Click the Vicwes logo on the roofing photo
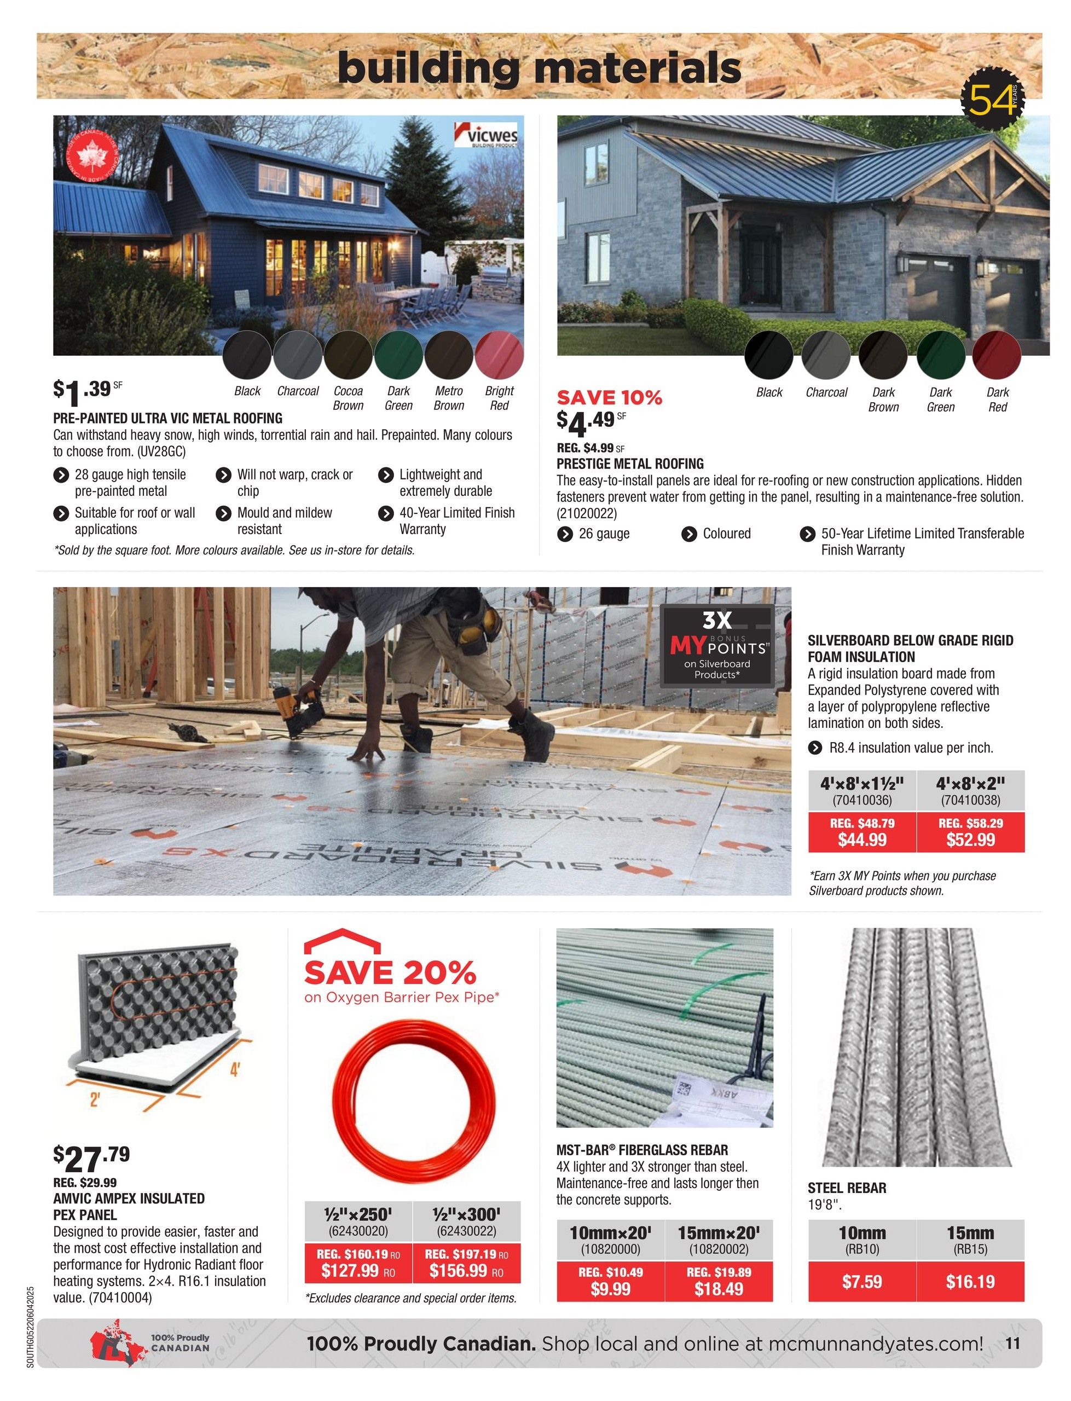pyautogui.click(x=486, y=136)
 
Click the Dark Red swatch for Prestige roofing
pyautogui.click(x=997, y=356)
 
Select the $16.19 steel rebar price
pyautogui.click(x=970, y=1281)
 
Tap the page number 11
pyautogui.click(x=1013, y=1343)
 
